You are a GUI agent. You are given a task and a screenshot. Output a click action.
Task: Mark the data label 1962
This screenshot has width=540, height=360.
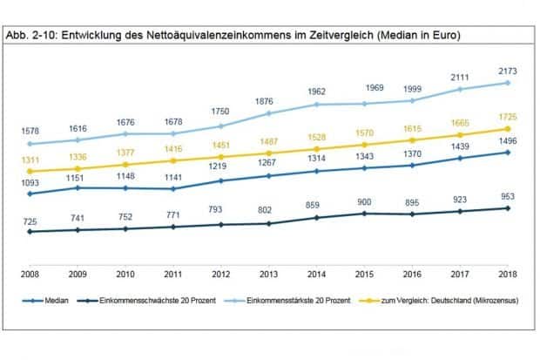pyautogui.click(x=317, y=91)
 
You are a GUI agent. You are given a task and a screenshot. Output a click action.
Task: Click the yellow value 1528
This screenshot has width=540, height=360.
pyautogui.click(x=317, y=138)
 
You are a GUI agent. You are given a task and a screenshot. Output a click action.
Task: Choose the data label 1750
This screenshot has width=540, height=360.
pyautogui.click(x=222, y=112)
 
